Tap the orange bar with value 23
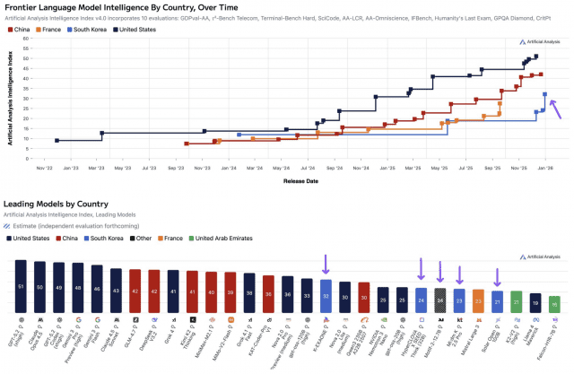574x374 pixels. (x=478, y=300)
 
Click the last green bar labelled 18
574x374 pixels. (x=554, y=304)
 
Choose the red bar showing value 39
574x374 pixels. (x=230, y=291)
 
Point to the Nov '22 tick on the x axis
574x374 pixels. (x=45, y=168)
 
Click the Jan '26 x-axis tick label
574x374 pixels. (x=544, y=168)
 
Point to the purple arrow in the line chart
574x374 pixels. (x=556, y=109)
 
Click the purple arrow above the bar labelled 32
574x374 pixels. (x=326, y=264)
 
